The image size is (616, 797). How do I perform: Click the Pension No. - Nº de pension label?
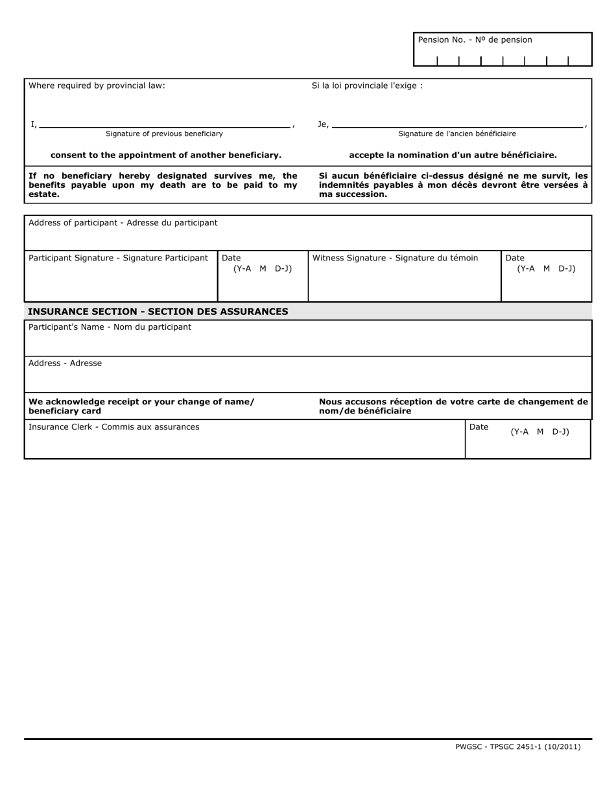point(475,40)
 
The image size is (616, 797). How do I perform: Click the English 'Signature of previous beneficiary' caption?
point(164,134)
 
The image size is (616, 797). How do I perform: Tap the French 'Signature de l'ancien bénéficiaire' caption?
point(457,134)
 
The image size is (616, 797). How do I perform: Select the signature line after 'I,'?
point(164,126)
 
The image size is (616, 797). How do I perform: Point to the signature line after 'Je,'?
point(457,126)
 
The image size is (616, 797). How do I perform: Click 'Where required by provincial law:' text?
point(97,86)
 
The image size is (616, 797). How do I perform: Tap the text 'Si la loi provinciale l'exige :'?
point(367,86)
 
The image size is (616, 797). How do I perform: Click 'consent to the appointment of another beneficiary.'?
point(166,156)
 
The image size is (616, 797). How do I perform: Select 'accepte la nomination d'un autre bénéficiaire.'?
point(453,156)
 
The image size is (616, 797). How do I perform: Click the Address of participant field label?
point(123,223)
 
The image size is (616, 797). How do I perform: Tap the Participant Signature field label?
point(118,259)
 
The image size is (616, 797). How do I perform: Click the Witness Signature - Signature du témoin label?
point(395,259)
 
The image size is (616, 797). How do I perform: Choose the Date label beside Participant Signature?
point(231,259)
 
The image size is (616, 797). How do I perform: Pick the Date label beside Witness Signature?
point(515,259)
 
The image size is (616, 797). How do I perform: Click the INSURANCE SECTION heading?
point(158,312)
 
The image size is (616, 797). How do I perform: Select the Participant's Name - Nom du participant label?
point(110,327)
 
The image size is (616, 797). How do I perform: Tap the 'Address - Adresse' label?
point(65,364)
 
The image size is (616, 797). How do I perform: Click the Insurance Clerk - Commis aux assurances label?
point(114,427)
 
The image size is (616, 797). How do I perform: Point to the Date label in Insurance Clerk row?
point(479,427)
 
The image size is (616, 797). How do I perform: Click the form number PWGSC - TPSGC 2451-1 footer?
point(517,747)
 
